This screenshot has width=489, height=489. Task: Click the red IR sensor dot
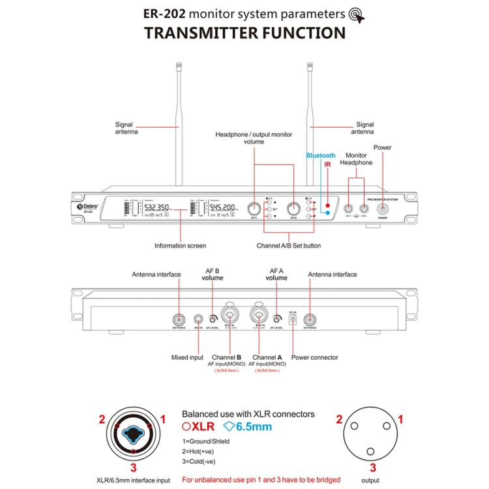click(x=328, y=205)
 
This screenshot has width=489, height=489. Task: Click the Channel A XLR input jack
click(x=259, y=314)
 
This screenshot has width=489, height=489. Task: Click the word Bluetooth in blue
click(x=321, y=156)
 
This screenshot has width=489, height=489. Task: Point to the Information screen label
click(x=180, y=246)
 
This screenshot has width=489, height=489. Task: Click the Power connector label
click(x=315, y=357)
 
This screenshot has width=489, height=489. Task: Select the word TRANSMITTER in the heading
click(x=196, y=33)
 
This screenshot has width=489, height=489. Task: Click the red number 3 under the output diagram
click(x=372, y=467)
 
